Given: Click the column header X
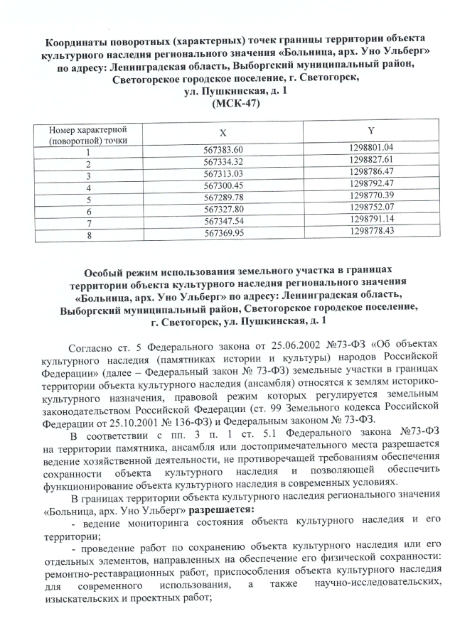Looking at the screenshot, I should [223, 134].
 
